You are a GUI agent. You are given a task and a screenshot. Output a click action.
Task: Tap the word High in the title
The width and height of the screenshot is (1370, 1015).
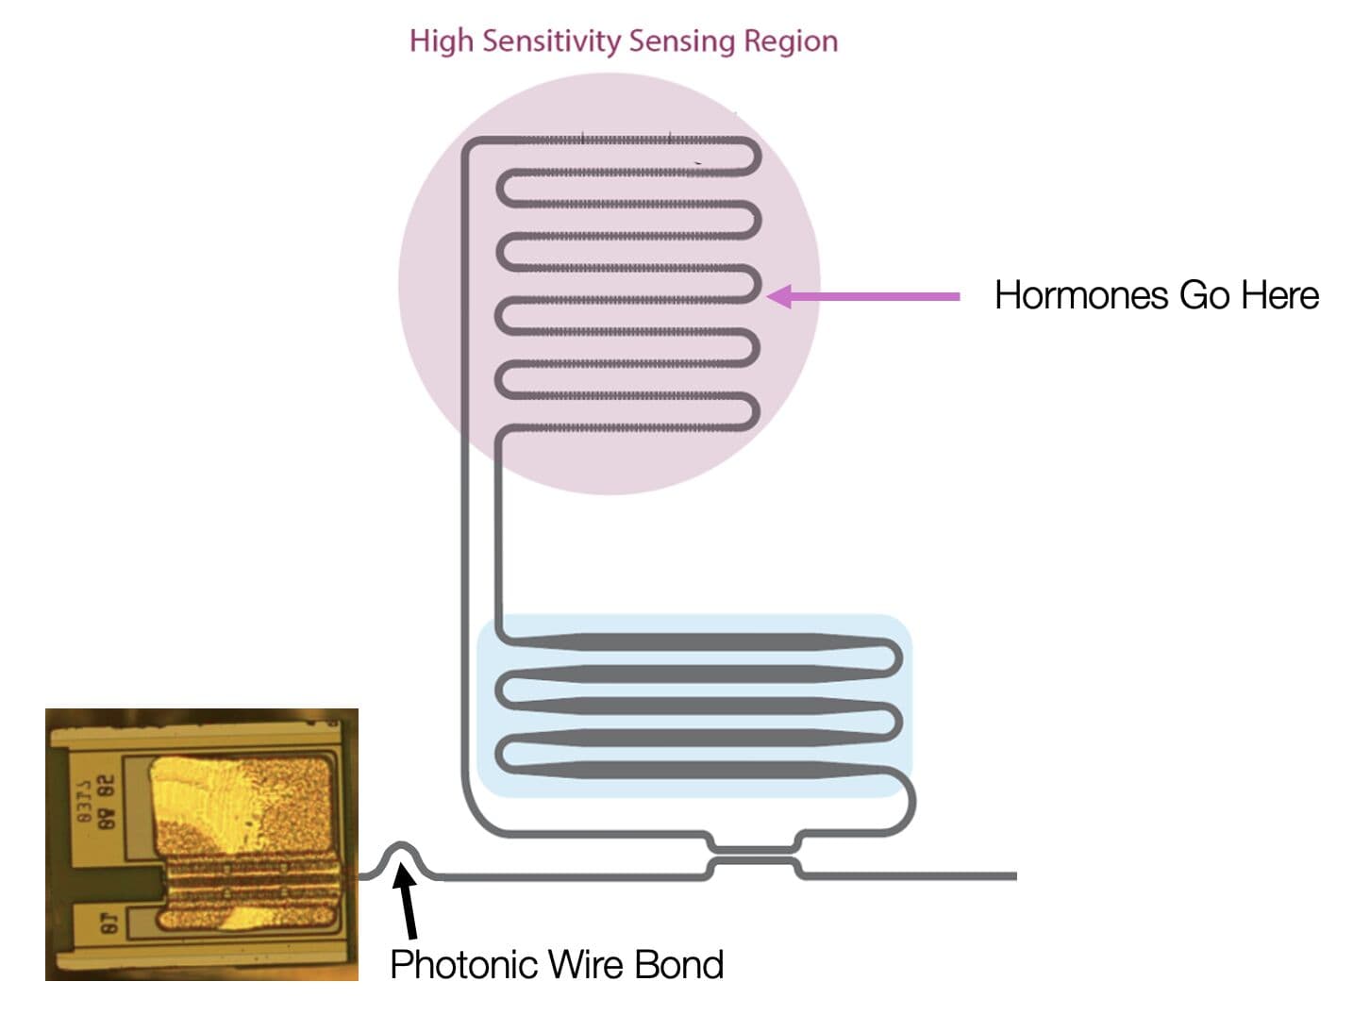pos(442,42)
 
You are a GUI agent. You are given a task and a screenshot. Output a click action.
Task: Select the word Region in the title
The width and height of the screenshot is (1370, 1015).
pos(791,42)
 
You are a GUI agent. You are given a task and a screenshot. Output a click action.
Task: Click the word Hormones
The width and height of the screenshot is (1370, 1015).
pos(1081,296)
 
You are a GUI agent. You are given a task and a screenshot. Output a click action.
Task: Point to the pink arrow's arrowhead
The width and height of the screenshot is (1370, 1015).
pos(779,296)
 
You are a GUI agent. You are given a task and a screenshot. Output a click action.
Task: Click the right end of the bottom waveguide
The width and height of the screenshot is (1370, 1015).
pos(1013,876)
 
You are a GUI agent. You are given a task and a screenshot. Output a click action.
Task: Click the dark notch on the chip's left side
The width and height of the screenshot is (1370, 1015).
pos(113,881)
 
